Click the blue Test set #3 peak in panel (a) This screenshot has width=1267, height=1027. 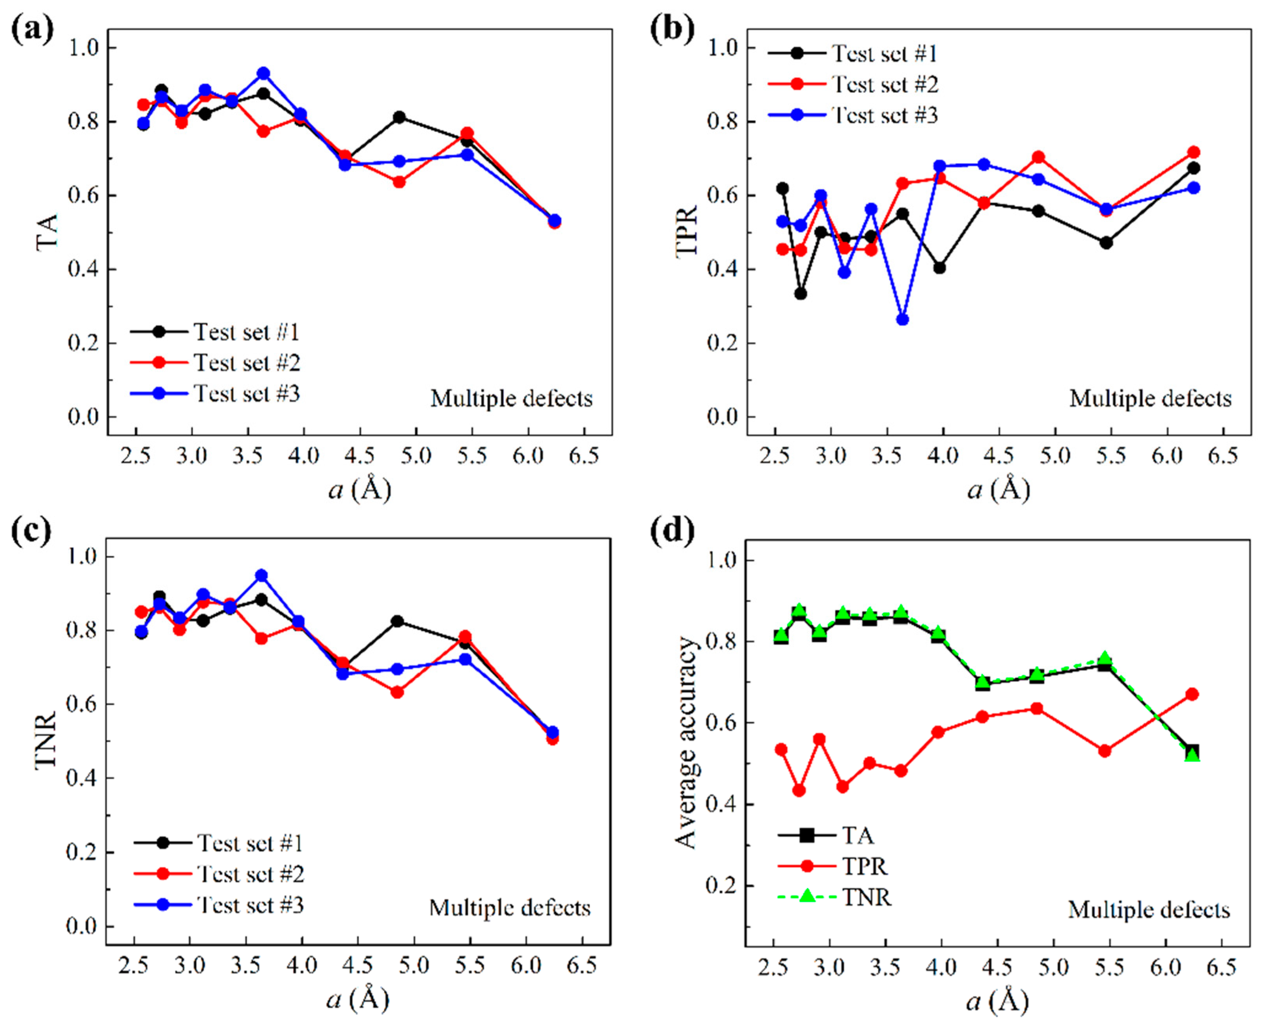pyautogui.click(x=263, y=73)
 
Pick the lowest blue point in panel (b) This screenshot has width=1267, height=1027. pyautogui.click(x=902, y=319)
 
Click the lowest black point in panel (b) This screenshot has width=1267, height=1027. pyautogui.click(x=800, y=294)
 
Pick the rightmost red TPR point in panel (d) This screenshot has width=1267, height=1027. pyautogui.click(x=1192, y=694)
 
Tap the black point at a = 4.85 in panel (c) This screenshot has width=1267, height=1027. pyautogui.click(x=398, y=621)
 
